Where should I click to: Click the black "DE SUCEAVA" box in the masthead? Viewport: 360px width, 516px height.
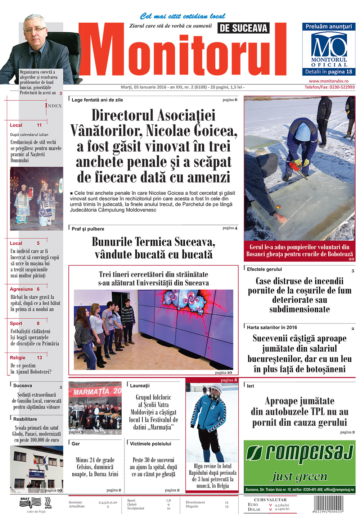pyautogui.click(x=243, y=28)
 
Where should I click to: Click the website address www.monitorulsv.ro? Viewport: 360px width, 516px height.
pyautogui.click(x=328, y=81)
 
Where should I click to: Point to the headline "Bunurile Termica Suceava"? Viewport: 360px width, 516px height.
pyautogui.click(x=154, y=241)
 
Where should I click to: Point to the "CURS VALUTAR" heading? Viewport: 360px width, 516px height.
pyautogui.click(x=270, y=499)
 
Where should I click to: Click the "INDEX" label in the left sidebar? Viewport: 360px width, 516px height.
pyautogui.click(x=53, y=105)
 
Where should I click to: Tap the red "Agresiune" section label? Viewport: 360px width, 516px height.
pyautogui.click(x=22, y=289)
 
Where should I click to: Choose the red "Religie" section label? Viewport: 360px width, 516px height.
pyautogui.click(x=18, y=358)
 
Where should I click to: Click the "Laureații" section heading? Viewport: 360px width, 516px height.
pyautogui.click(x=140, y=385)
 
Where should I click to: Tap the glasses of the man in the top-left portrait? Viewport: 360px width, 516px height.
pyautogui.click(x=35, y=29)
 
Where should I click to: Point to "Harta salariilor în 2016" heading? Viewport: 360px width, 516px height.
pyautogui.click(x=272, y=327)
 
